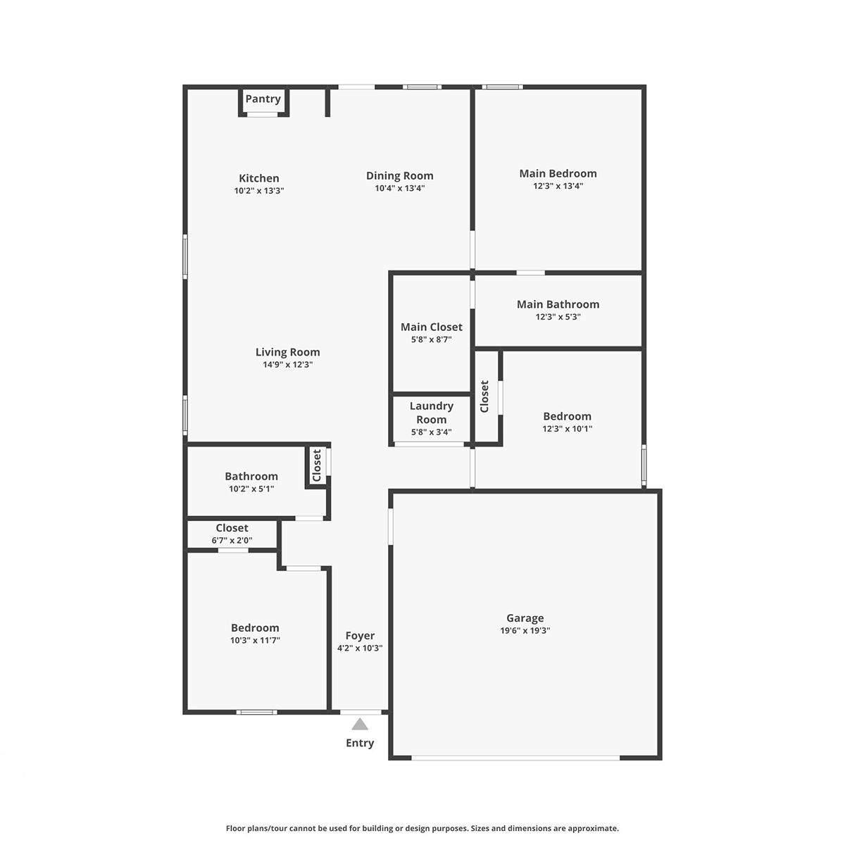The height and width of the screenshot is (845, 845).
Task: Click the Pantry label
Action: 263,99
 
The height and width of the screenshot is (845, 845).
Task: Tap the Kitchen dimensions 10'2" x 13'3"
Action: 258,191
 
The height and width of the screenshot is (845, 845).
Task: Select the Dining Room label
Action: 399,176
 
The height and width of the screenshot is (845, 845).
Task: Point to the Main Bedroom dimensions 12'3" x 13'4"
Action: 558,186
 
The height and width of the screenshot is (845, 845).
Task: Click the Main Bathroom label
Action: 558,304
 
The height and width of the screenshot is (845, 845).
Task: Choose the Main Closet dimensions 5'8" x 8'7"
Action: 431,339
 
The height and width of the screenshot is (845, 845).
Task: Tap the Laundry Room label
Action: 431,413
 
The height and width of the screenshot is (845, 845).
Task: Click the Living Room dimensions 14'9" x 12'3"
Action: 288,364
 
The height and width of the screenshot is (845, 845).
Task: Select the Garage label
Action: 525,618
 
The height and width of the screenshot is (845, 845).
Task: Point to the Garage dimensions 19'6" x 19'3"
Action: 525,630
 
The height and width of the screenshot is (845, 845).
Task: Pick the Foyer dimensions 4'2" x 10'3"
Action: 360,648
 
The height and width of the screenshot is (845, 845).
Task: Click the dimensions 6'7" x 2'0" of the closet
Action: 232,540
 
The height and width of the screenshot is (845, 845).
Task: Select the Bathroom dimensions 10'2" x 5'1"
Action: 251,489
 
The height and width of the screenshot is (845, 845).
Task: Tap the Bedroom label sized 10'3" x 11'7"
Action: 255,628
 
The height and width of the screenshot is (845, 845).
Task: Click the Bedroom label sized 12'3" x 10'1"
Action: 567,416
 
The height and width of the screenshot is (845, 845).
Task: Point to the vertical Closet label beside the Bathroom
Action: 317,465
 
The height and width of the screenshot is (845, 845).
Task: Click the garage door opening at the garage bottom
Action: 515,757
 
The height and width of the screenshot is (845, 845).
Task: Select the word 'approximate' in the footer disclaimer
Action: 594,828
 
